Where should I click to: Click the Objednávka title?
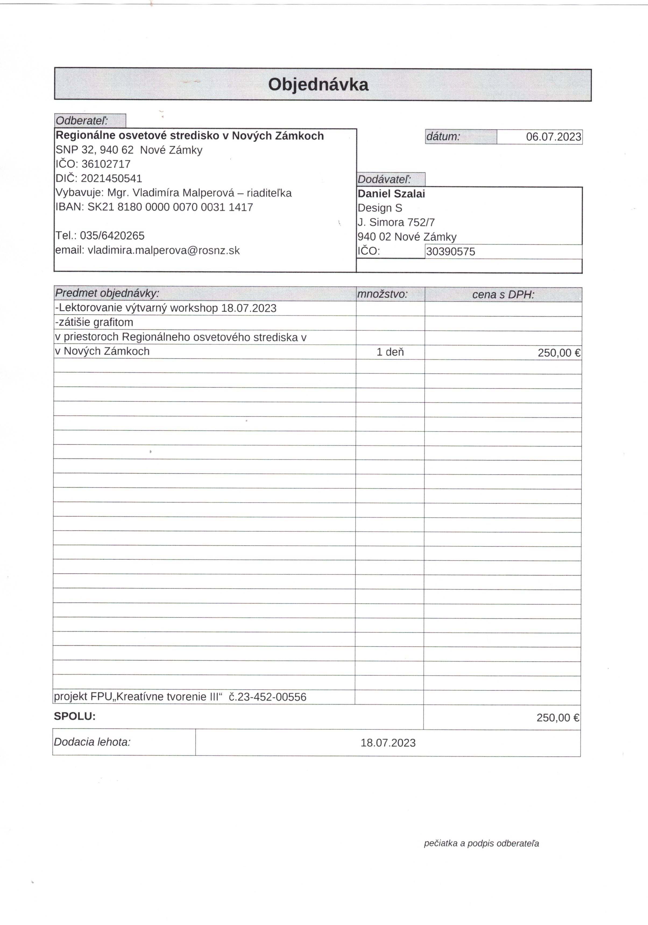[x=318, y=85]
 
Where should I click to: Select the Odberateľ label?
[x=82, y=121]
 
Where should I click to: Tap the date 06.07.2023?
[x=553, y=137]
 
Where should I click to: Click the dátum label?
[x=443, y=136]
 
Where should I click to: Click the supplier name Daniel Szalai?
[x=391, y=194]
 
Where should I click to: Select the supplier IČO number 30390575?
[x=450, y=252]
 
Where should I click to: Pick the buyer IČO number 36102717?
[x=106, y=164]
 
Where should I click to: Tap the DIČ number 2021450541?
[x=112, y=178]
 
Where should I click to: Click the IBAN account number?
[x=170, y=207]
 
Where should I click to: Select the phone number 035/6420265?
[x=112, y=236]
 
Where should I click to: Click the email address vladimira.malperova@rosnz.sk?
[x=164, y=251]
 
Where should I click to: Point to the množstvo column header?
[x=382, y=294]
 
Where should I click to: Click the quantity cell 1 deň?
[x=390, y=352]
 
